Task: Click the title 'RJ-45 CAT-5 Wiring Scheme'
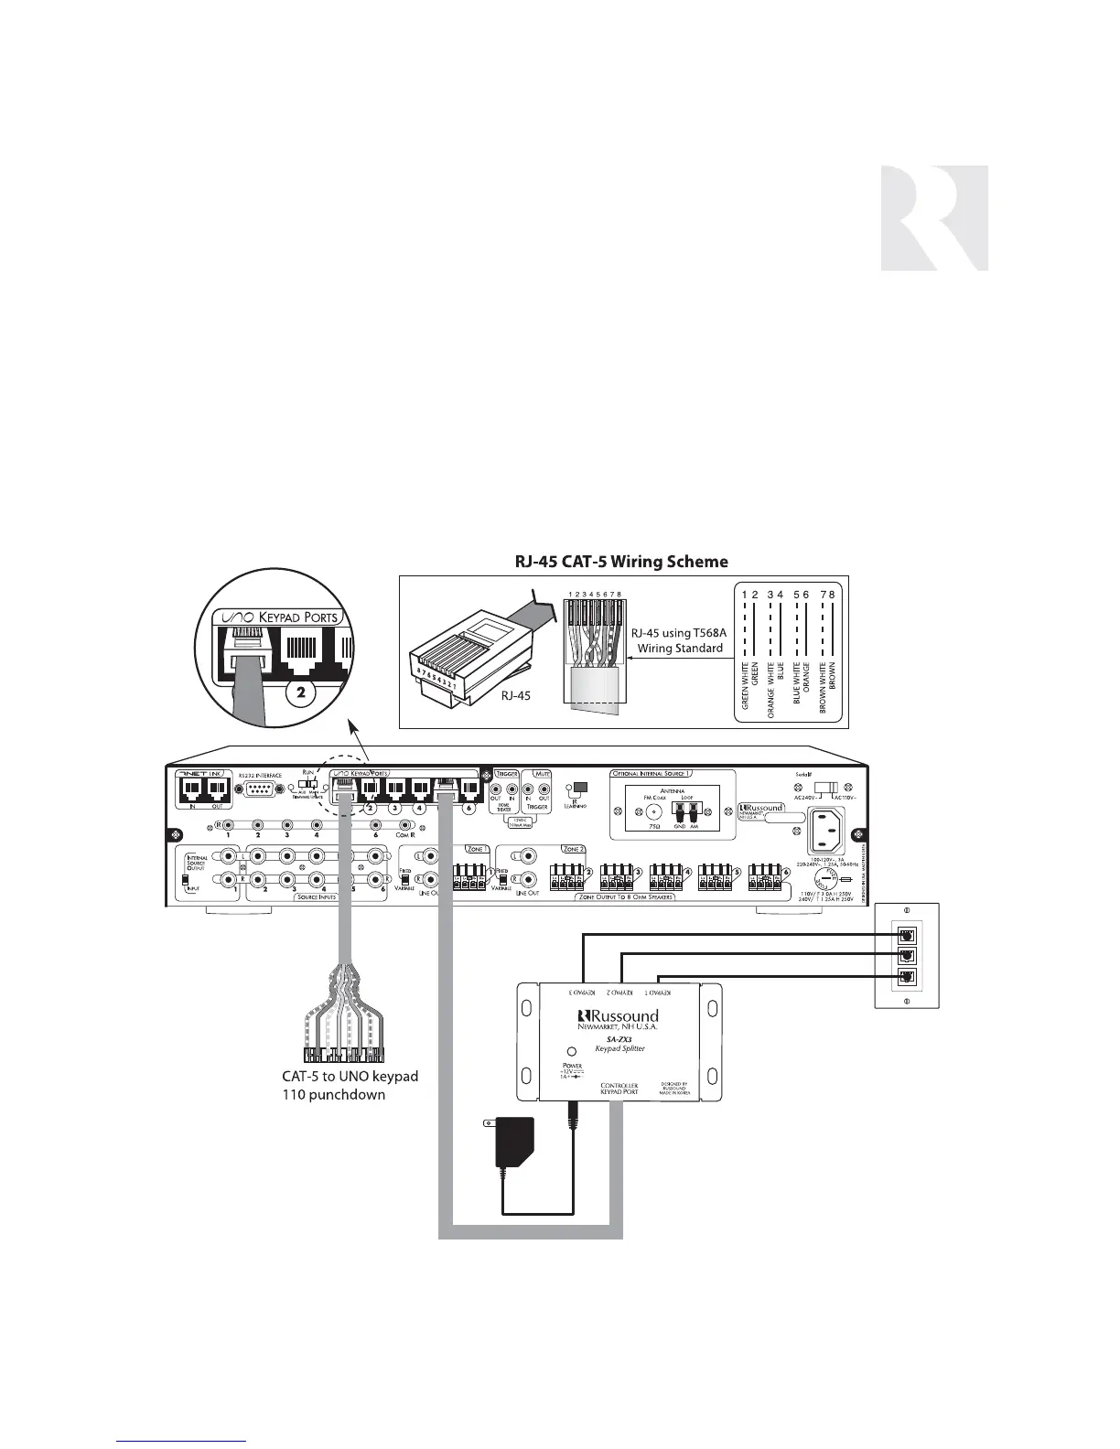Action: [x=623, y=561]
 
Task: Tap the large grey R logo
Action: [x=934, y=218]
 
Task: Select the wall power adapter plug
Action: [x=516, y=1140]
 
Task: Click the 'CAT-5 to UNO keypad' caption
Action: [x=350, y=1076]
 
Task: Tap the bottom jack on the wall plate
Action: [x=907, y=977]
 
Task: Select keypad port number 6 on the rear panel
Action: [x=468, y=789]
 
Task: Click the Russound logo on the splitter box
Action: [x=619, y=1016]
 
